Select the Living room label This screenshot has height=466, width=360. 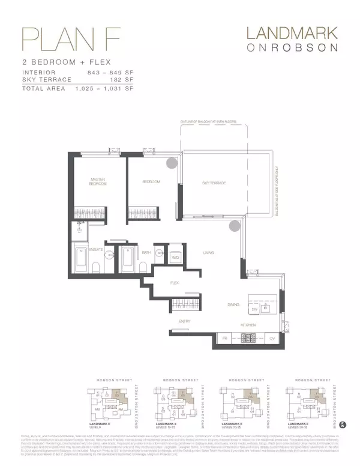[x=208, y=253]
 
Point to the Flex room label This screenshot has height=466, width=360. [x=175, y=282]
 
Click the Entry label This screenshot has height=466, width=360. [x=184, y=322]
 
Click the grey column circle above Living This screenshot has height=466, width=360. [x=234, y=225]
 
